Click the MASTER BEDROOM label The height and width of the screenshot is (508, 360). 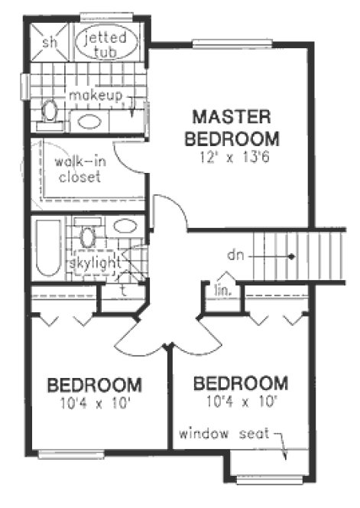pyautogui.click(x=232, y=128)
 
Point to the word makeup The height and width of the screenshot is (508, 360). pyautogui.click(x=95, y=95)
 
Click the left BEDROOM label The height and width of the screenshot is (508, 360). pyautogui.click(x=93, y=384)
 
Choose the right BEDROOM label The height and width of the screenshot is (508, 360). pyautogui.click(x=241, y=383)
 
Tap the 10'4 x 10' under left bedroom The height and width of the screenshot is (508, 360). pyautogui.click(x=94, y=401)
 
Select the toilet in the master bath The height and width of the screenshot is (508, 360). pyautogui.click(x=50, y=112)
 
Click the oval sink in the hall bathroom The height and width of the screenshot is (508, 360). pyautogui.click(x=125, y=226)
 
